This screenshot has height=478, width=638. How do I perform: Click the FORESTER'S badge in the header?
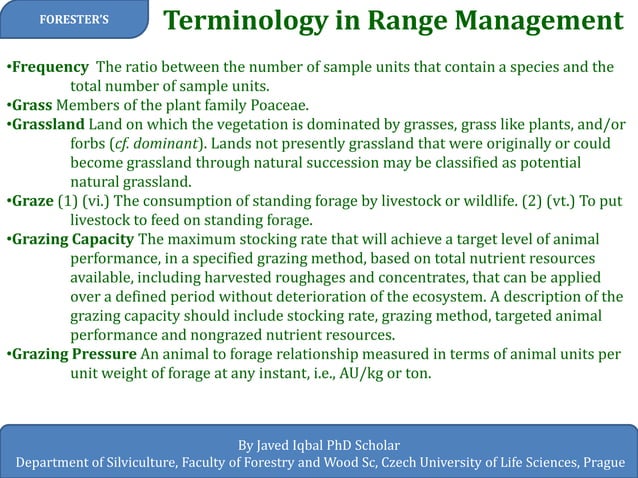pyautogui.click(x=75, y=20)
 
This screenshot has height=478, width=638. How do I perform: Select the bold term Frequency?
pyautogui.click(x=49, y=67)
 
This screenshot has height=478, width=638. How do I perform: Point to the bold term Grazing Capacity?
pyautogui.click(x=71, y=239)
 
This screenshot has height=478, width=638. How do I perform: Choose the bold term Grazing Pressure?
pyautogui.click(x=72, y=354)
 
